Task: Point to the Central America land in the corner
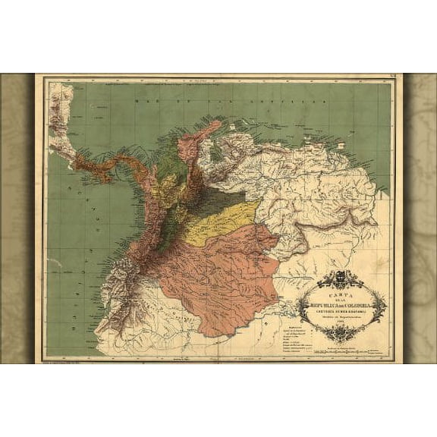[x=61, y=114]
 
